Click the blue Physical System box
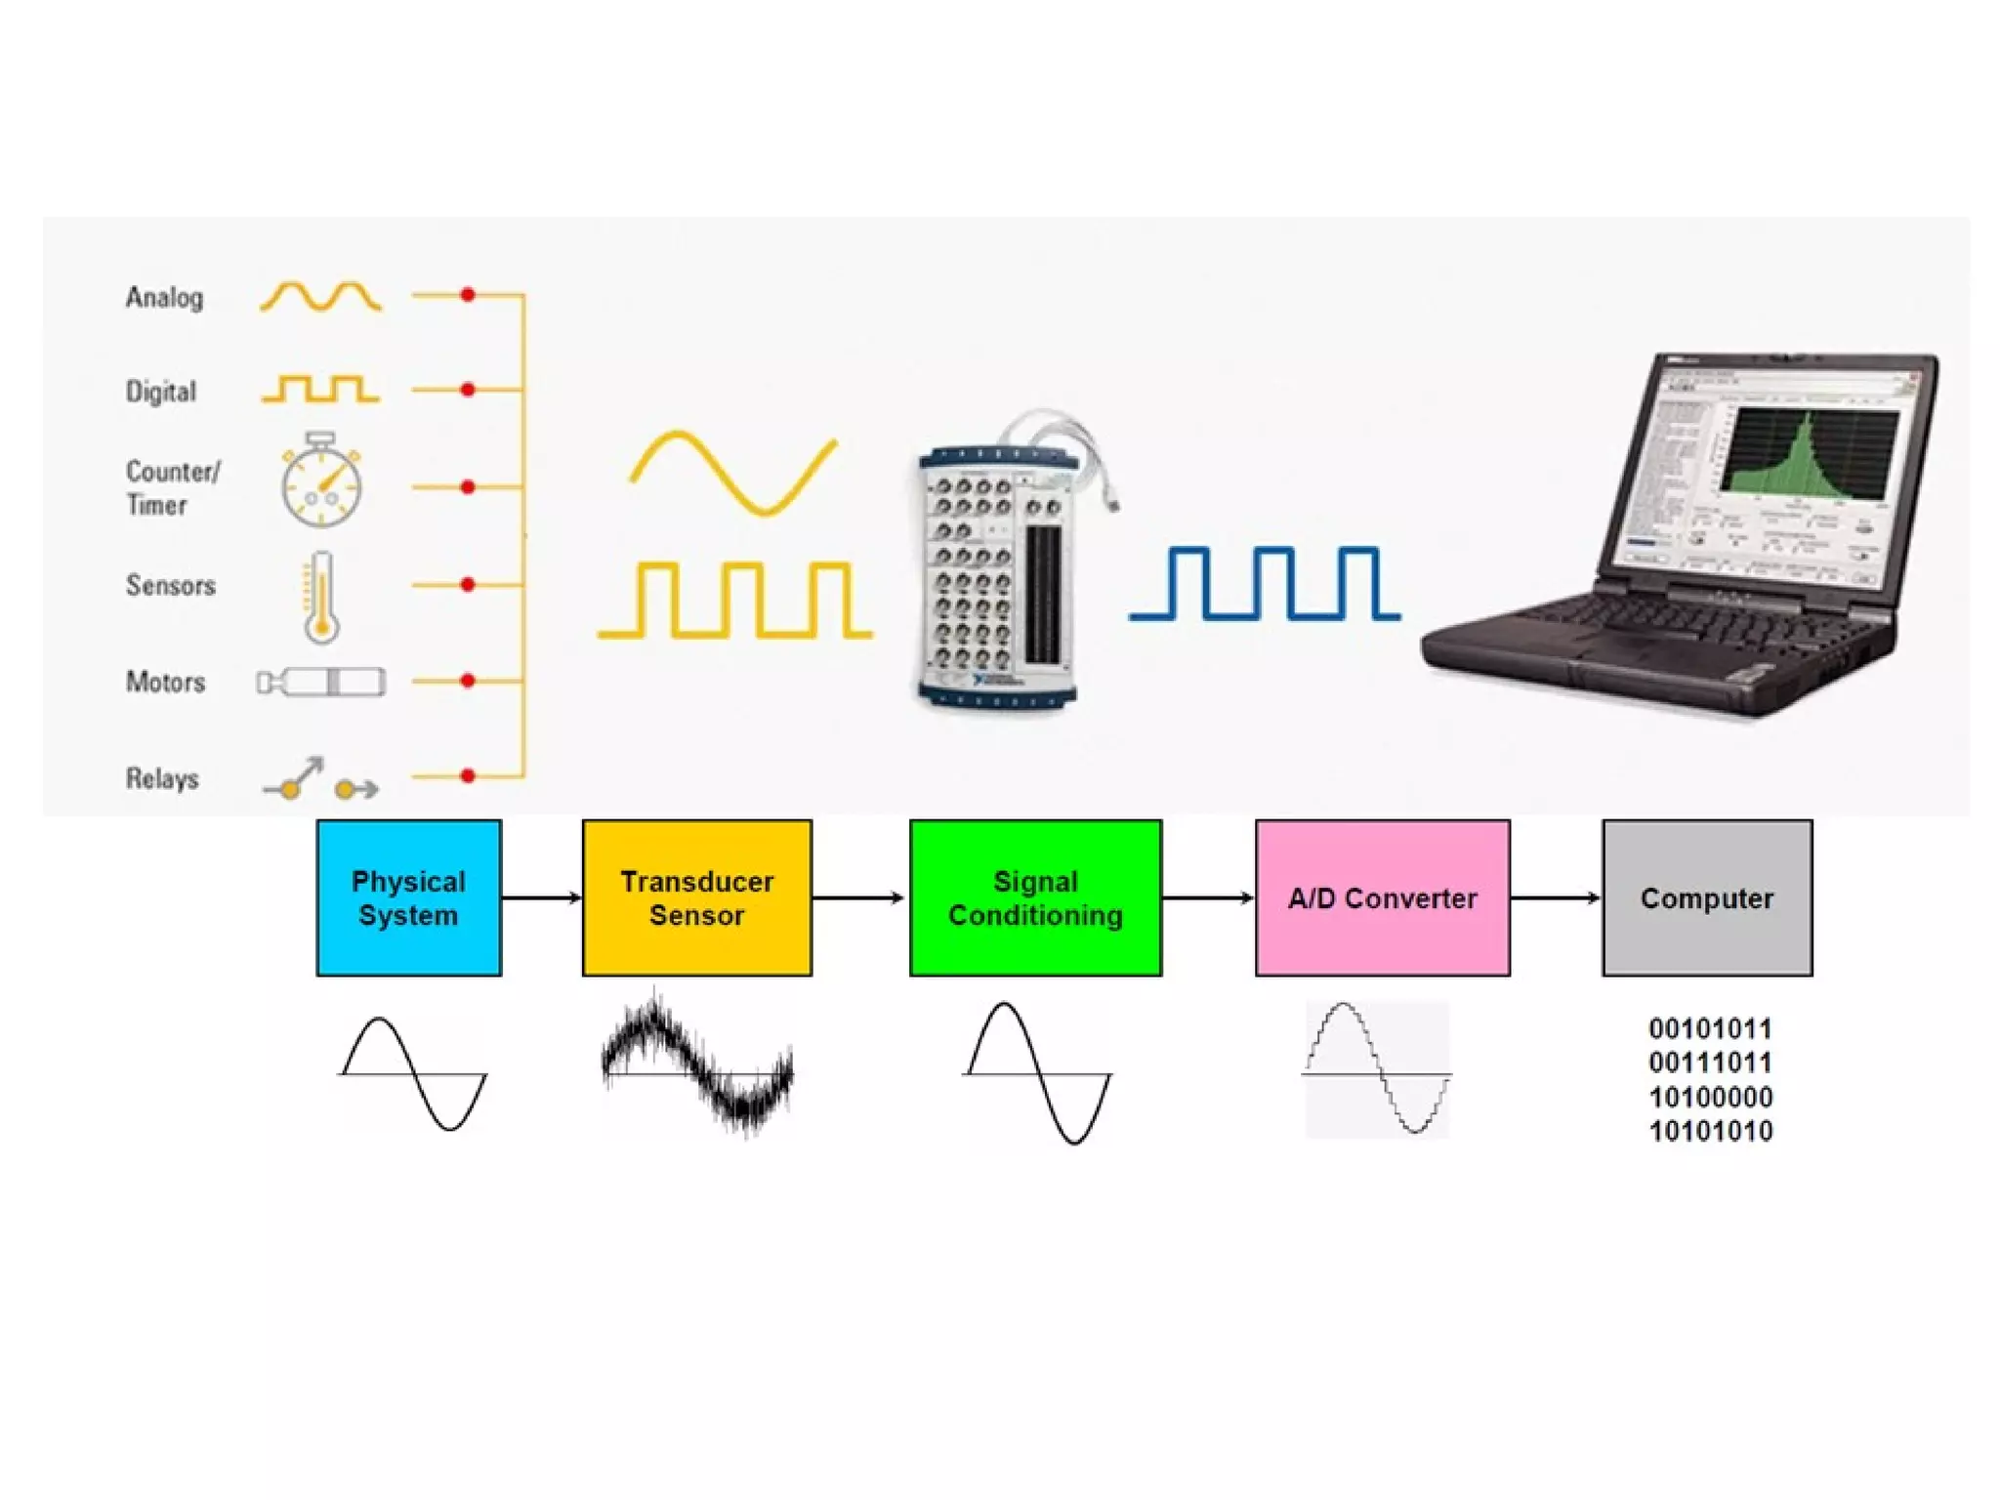408,897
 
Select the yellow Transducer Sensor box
696,897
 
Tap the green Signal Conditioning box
1035,897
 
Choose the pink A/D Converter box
1382,897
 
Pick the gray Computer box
1706,897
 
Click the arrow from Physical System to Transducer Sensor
542,897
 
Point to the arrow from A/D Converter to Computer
1556,897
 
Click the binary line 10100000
1710,1097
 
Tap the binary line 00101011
1710,1028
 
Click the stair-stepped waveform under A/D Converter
1377,1068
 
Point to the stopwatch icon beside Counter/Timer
321,482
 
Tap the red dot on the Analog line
468,294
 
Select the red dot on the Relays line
468,776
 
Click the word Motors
165,682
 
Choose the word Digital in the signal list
161,392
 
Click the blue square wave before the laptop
1265,583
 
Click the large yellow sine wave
733,473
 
